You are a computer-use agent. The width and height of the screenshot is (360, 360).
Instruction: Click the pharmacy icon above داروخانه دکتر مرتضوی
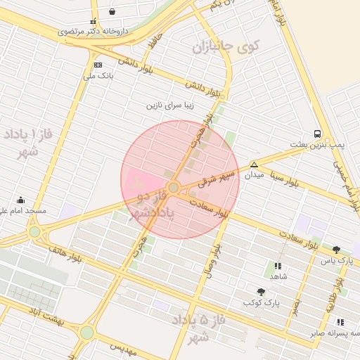[93, 22]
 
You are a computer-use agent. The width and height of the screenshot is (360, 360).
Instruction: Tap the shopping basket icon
[112, 12]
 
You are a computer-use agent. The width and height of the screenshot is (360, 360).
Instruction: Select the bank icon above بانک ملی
[98, 65]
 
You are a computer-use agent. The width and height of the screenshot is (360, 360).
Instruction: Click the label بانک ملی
[98, 75]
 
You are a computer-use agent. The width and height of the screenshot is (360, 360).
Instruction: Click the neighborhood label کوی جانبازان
[226, 48]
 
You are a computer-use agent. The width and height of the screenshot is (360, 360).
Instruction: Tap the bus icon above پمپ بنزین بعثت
[318, 134]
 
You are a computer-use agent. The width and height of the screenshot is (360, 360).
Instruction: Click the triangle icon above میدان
[254, 165]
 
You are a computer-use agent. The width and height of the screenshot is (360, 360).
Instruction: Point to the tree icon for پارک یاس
[336, 250]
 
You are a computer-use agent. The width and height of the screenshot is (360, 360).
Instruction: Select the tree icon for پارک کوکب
[262, 292]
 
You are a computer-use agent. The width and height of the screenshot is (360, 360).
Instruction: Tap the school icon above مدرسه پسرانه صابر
[341, 322]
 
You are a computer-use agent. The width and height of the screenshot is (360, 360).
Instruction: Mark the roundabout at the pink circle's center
[174, 187]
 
